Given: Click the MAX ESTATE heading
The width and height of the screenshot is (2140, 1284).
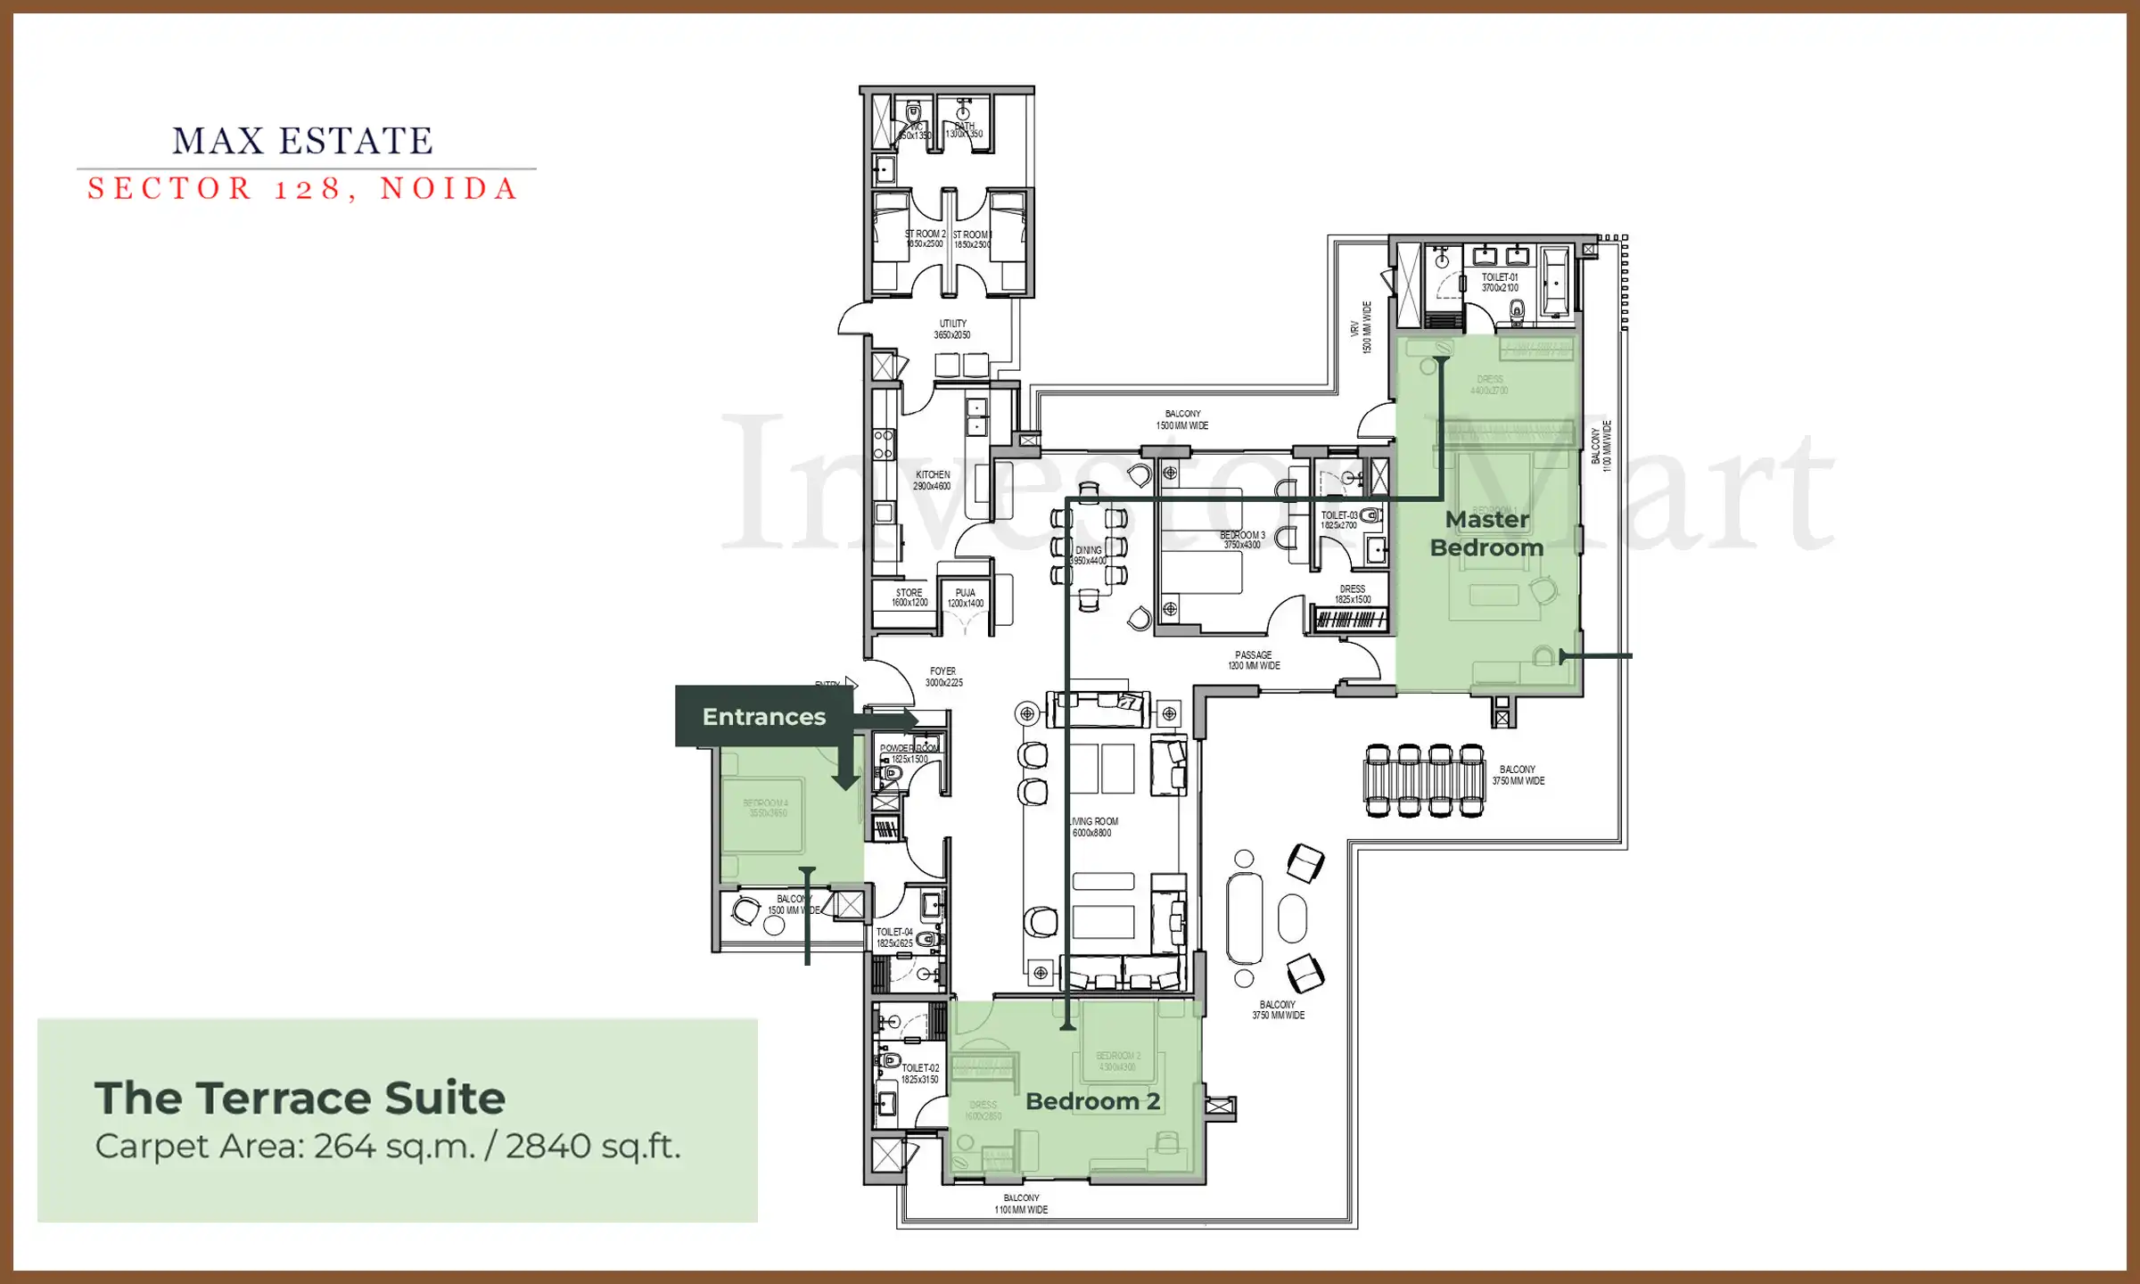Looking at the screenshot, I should click(x=303, y=141).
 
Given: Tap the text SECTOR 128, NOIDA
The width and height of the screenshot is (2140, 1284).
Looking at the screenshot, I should click(x=303, y=189).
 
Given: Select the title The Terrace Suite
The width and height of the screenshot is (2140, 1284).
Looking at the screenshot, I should click(x=300, y=1098).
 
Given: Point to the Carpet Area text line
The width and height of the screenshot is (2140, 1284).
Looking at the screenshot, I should click(x=388, y=1147).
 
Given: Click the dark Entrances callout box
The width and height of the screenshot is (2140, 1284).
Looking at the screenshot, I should click(x=763, y=716).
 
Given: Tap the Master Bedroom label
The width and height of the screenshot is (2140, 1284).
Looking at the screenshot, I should click(x=1486, y=533).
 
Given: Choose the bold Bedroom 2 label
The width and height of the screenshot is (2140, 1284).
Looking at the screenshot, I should click(x=1092, y=1101).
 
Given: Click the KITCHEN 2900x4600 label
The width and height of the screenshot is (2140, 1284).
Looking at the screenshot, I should click(x=932, y=481).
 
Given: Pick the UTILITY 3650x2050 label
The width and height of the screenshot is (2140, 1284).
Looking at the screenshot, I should click(x=952, y=329).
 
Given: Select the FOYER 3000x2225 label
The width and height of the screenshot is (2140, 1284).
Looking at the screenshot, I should click(x=943, y=677).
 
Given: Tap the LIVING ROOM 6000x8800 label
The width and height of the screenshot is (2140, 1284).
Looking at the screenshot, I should click(x=1093, y=827).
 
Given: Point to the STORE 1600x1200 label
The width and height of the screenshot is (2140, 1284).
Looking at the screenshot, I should click(x=909, y=597).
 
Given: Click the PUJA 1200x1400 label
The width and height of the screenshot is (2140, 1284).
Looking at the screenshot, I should click(x=966, y=597).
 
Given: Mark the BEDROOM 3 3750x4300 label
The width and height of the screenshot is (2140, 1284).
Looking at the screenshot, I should click(x=1242, y=540).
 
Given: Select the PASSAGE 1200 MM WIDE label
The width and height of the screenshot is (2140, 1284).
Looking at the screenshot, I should click(x=1254, y=660).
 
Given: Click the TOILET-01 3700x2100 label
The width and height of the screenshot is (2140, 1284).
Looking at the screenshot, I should click(x=1500, y=283).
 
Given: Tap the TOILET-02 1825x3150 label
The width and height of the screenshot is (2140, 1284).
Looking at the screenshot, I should click(x=919, y=1074).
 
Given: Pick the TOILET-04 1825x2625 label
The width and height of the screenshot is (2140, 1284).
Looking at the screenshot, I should click(x=894, y=937).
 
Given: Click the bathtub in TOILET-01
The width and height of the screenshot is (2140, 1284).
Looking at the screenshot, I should click(x=1556, y=282).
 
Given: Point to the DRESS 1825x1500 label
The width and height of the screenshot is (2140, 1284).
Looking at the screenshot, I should click(x=1353, y=594).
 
